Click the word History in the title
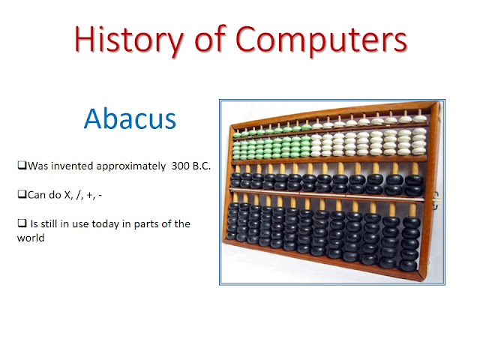tap(128, 40)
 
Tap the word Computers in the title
tap(322, 40)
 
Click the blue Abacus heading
tap(130, 118)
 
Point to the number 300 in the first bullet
tap(180, 166)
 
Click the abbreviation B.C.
tap(202, 166)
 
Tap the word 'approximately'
tap(131, 166)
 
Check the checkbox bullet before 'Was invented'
tap(22, 165)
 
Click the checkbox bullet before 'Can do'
tap(22, 194)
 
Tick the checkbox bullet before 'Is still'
tap(22, 223)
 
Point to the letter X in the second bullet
tap(67, 195)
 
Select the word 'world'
tap(31, 238)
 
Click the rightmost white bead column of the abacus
tap(419, 136)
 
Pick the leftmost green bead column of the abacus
tap(237, 145)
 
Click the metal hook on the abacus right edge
tap(436, 201)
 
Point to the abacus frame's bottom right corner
tap(421, 280)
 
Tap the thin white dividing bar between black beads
tap(327, 195)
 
